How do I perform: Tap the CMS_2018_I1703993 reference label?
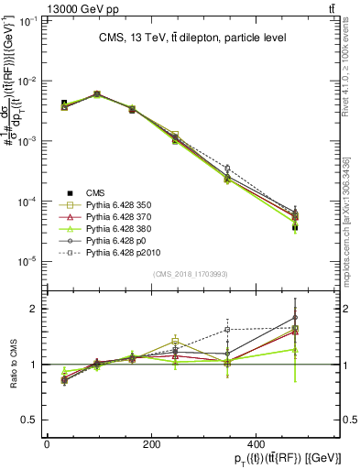point(190,274)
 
